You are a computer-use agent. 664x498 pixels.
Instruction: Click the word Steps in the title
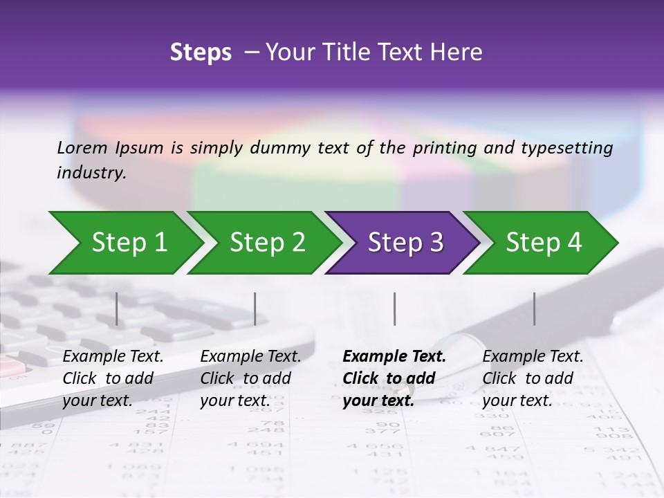tap(201, 53)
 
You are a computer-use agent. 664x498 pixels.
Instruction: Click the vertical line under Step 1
tap(117, 308)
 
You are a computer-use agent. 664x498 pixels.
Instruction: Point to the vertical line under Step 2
tap(255, 308)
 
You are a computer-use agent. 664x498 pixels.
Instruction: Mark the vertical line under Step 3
tap(394, 308)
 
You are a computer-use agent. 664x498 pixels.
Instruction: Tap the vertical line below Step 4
tap(534, 308)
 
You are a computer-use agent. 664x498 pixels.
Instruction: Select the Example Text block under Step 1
tap(113, 378)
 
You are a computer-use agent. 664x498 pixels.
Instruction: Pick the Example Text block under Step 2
tap(250, 378)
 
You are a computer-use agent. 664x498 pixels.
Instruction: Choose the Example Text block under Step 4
tap(533, 378)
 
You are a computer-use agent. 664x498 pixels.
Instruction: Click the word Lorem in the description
tap(82, 147)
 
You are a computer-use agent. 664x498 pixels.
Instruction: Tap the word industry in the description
tap(91, 173)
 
